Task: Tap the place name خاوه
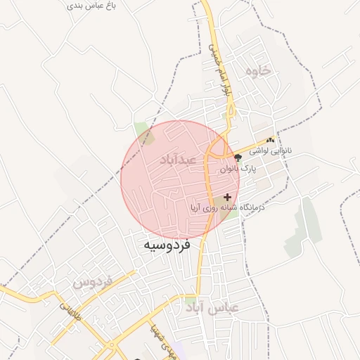tap(257, 72)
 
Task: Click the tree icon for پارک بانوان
tap(238, 157)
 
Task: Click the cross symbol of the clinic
tap(226, 198)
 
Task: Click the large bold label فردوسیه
tap(172, 245)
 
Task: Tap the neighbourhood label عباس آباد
tap(212, 307)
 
